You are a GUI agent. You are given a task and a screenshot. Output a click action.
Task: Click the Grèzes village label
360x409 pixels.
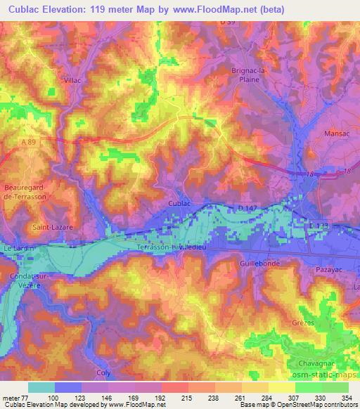coord(302,323)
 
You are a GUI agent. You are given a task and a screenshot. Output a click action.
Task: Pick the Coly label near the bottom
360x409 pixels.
coord(103,372)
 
